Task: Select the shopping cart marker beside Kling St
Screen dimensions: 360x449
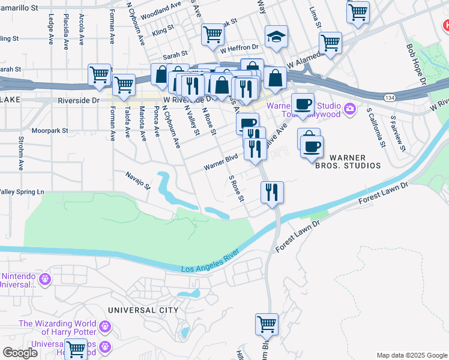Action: click(213, 35)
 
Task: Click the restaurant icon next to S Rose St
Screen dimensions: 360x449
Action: click(272, 193)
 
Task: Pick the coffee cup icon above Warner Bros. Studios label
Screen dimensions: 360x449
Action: click(311, 146)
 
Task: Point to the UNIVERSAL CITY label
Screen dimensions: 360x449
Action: click(143, 310)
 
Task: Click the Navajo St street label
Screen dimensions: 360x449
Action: click(138, 180)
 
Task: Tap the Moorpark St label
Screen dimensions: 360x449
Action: click(50, 130)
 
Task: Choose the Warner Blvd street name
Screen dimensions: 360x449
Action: click(221, 162)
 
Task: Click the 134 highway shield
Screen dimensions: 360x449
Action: click(390, 97)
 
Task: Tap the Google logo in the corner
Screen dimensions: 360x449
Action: click(20, 353)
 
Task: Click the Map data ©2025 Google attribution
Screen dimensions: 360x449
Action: click(412, 355)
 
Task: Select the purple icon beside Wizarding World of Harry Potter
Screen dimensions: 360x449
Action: click(106, 326)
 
